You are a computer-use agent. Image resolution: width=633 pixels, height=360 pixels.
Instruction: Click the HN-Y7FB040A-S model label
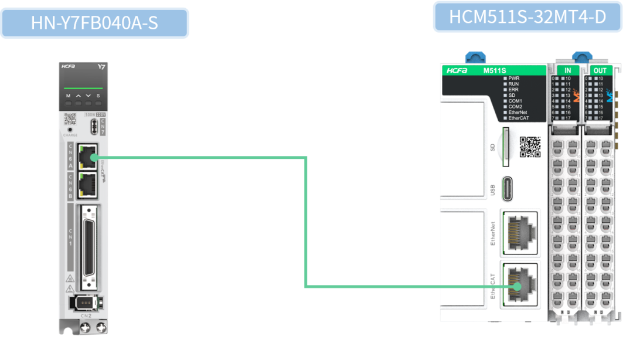pyautogui.click(x=94, y=23)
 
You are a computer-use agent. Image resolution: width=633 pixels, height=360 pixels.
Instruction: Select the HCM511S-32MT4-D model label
pyautogui.click(x=527, y=17)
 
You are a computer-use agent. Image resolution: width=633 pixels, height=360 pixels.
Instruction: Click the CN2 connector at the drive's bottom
pyautogui.click(x=86, y=303)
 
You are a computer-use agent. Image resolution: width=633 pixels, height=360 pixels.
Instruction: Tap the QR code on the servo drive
pyautogui.click(x=70, y=118)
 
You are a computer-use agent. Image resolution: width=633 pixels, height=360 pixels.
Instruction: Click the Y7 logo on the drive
pyautogui.click(x=101, y=67)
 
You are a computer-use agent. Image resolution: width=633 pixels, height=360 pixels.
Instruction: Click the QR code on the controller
pyautogui.click(x=530, y=147)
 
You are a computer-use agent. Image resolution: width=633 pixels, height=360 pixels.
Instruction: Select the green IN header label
pyautogui.click(x=567, y=71)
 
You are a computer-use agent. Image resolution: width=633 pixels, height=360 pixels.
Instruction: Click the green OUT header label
pyautogui.click(x=600, y=71)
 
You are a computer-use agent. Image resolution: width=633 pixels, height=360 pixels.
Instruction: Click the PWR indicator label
pyautogui.click(x=513, y=78)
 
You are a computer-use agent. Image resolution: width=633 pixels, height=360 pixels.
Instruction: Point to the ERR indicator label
pyautogui.click(x=513, y=90)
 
